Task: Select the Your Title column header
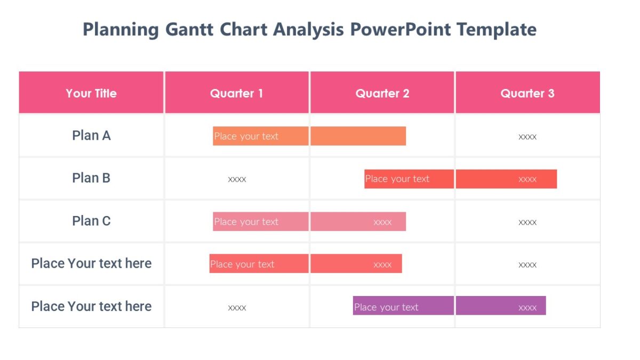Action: click(x=91, y=93)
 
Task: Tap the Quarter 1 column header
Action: click(x=236, y=93)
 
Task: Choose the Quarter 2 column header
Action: click(x=382, y=93)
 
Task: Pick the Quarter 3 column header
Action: click(x=527, y=93)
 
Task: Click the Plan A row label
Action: click(x=91, y=135)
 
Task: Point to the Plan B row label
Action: click(x=91, y=178)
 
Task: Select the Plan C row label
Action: click(x=91, y=221)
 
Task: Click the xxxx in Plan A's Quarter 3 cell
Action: click(x=527, y=137)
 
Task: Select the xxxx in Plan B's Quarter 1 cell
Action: click(x=237, y=180)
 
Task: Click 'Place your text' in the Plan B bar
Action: click(x=397, y=179)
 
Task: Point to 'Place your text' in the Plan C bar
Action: click(x=246, y=222)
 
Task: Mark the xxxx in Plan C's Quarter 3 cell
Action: click(x=527, y=222)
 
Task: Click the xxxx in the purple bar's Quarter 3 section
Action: click(x=527, y=308)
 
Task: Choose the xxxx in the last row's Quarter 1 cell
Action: click(x=237, y=308)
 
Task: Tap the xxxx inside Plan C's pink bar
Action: click(x=382, y=222)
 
